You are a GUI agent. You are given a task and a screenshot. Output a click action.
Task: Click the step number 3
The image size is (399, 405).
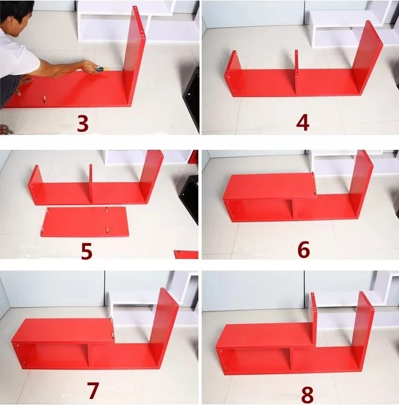point(82,123)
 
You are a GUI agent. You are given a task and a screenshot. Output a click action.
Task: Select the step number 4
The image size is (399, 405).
point(303,122)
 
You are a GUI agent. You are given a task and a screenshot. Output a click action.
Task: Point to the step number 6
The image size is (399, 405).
point(303,249)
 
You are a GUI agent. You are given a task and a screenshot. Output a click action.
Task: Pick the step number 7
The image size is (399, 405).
point(93,390)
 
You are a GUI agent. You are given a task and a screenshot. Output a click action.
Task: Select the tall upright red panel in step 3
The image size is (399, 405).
point(136,55)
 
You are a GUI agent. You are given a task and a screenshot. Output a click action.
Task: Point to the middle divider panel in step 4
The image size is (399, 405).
point(297,71)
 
